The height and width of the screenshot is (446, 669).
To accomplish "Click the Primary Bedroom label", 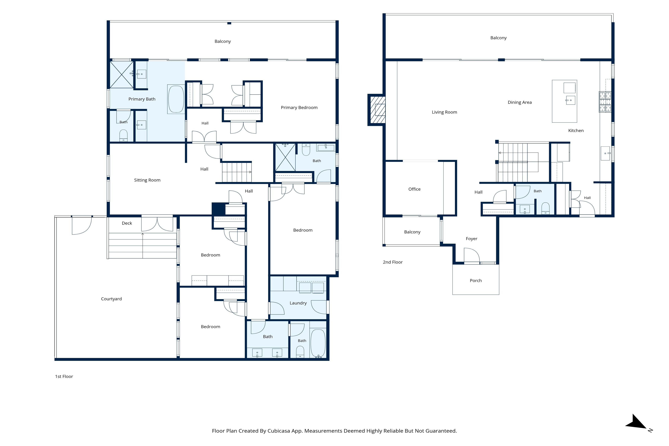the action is point(299,108).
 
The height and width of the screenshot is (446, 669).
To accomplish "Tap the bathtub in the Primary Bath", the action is point(176,99).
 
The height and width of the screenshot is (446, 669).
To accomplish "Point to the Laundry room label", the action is point(298,303).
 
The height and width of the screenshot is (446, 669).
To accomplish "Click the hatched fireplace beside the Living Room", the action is point(377,110).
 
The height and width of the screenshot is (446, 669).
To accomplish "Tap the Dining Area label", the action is point(520,102).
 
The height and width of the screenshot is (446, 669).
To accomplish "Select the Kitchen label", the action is point(576,131).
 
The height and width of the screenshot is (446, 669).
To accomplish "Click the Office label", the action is point(414,189).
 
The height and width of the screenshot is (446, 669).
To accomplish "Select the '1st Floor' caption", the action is point(64,377).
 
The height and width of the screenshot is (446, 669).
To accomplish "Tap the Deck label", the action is point(127,223).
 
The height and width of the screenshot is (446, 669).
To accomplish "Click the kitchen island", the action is point(564,101).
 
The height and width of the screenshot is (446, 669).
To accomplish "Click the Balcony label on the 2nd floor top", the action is point(498,38).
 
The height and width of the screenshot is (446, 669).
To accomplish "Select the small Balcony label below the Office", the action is point(412,232).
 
